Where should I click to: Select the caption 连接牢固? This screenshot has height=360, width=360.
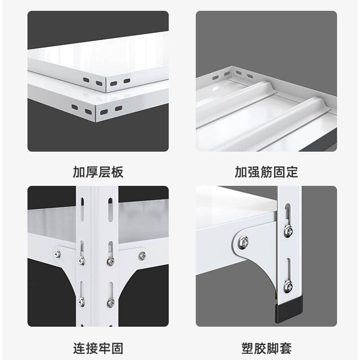click(x=98, y=348)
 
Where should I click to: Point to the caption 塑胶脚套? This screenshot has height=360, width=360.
click(x=266, y=348)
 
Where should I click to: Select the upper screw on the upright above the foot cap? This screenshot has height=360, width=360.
click(x=286, y=231)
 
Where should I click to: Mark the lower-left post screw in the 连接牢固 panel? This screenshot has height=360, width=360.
click(x=81, y=301)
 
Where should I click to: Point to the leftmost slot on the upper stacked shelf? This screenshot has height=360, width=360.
click(x=85, y=81)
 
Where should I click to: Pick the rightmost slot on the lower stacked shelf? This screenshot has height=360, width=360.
click(x=118, y=108)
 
